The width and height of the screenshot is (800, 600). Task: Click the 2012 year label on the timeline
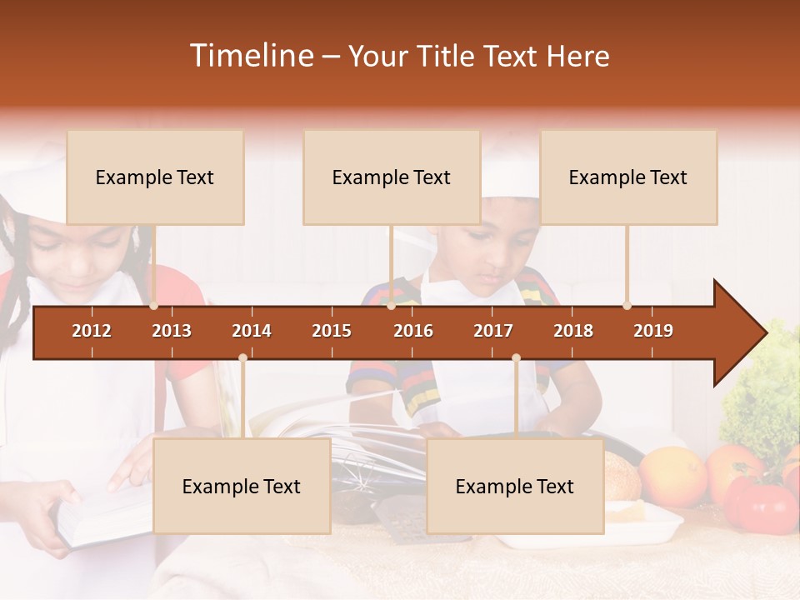(92, 331)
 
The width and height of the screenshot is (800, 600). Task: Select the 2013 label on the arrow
(172, 331)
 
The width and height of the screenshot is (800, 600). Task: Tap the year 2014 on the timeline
(252, 331)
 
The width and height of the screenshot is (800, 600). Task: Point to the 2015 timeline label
(332, 331)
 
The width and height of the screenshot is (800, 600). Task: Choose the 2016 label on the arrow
(413, 331)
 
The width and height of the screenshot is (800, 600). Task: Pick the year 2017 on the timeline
(493, 331)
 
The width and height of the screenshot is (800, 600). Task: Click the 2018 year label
(573, 331)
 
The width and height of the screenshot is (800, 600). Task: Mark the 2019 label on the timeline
(653, 331)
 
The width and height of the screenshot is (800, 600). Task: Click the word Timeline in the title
(251, 56)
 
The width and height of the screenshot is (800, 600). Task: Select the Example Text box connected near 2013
(155, 177)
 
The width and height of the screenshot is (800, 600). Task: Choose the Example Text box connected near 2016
(392, 177)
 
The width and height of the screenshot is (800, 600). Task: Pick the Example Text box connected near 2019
(628, 177)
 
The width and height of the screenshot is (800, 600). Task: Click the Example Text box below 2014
(242, 486)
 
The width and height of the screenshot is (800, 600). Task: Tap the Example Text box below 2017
(515, 486)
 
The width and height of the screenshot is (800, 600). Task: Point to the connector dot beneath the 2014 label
(242, 358)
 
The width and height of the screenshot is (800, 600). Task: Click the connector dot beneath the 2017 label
(516, 358)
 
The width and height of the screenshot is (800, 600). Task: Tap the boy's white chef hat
(511, 171)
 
